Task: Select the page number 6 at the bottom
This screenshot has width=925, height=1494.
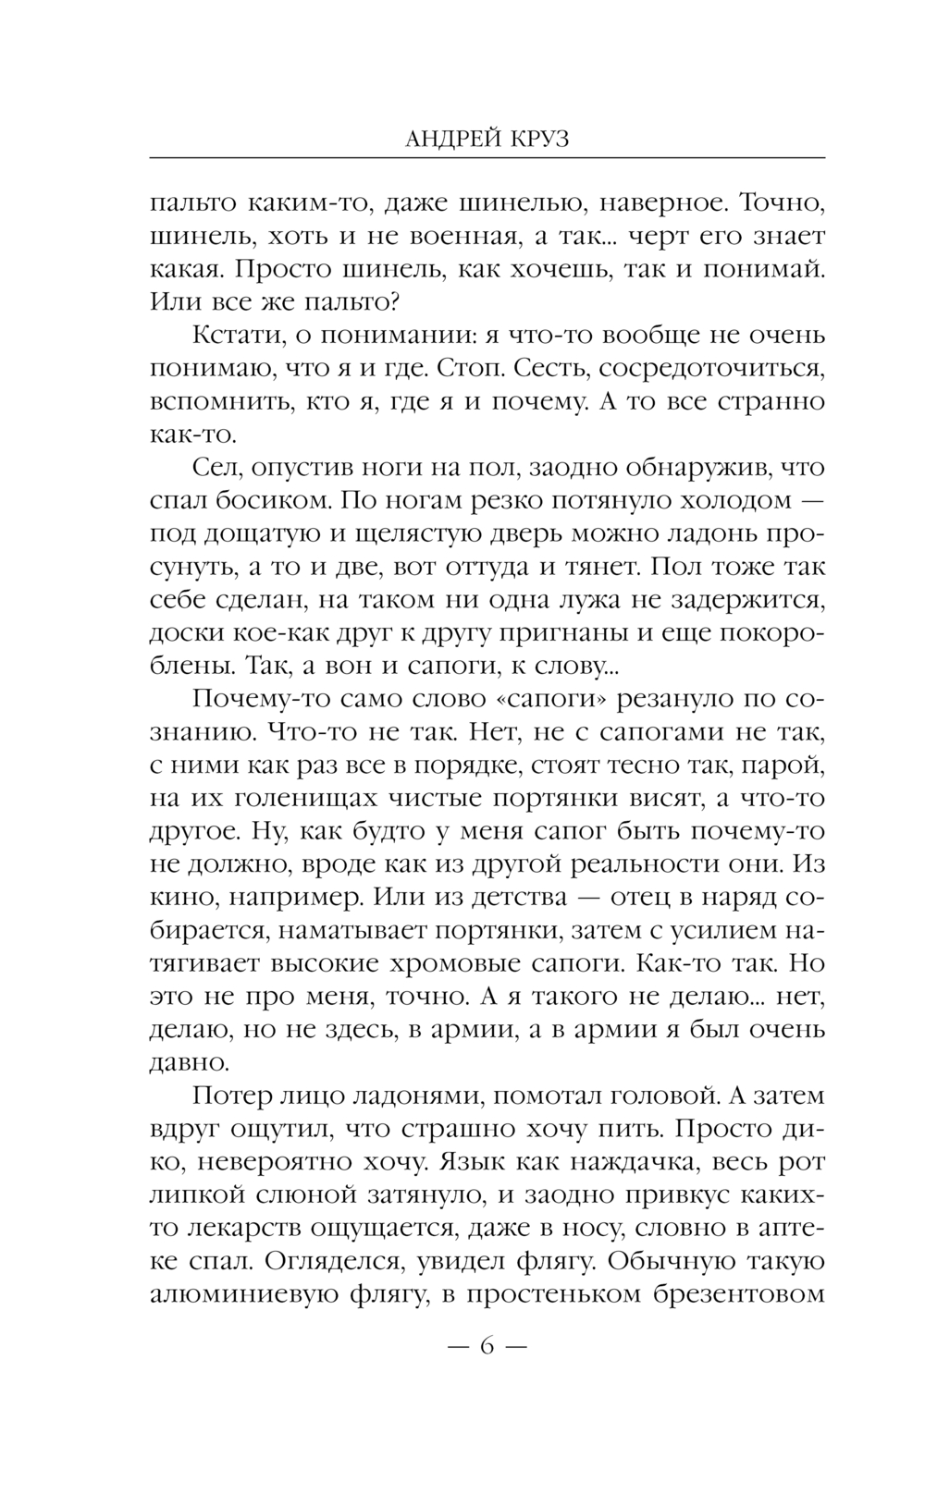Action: click(x=487, y=1346)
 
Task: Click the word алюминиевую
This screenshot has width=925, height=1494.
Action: click(x=241, y=1295)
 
